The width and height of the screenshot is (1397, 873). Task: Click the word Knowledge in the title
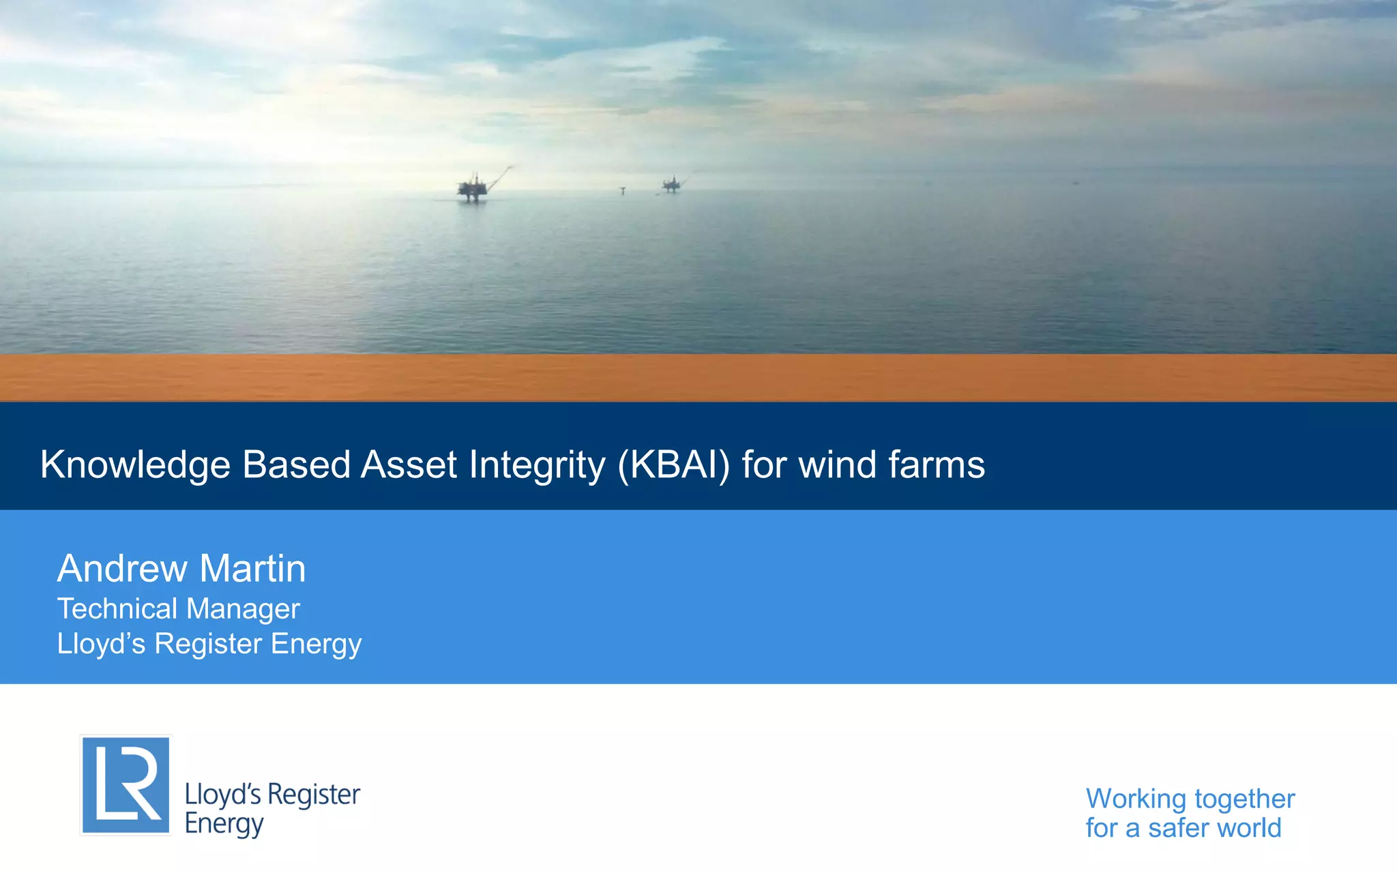pyautogui.click(x=135, y=466)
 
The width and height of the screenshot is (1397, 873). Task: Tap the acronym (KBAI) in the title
pyautogui.click(x=673, y=466)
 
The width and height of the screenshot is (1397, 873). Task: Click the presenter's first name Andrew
pyautogui.click(x=122, y=568)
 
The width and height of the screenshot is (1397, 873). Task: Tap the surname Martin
pyautogui.click(x=252, y=568)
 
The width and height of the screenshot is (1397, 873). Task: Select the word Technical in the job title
pyautogui.click(x=117, y=608)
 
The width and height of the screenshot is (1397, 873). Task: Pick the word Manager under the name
pyautogui.click(x=244, y=610)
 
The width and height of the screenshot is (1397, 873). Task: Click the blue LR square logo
pyautogui.click(x=126, y=785)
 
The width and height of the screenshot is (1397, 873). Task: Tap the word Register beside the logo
pyautogui.click(x=314, y=795)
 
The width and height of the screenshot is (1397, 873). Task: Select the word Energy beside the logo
pyautogui.click(x=224, y=824)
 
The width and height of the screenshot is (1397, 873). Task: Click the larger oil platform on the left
pyautogui.click(x=473, y=186)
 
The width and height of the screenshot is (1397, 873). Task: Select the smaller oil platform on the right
pyautogui.click(x=672, y=183)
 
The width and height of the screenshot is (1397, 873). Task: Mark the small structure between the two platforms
pyautogui.click(x=622, y=190)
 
